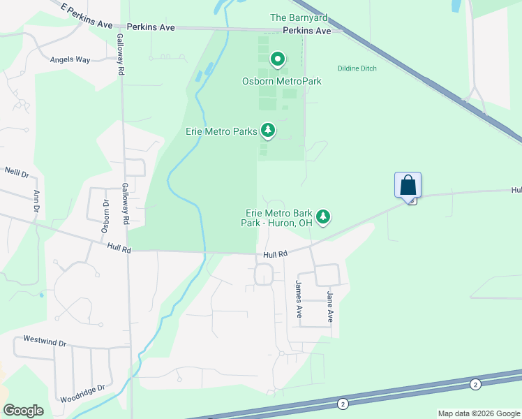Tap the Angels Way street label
click(70, 60)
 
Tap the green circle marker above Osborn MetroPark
click(277, 60)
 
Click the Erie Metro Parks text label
click(222, 131)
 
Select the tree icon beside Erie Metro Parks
click(267, 130)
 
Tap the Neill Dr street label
click(17, 172)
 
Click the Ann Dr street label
click(35, 201)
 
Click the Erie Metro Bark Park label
click(276, 218)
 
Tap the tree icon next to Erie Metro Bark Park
click(322, 217)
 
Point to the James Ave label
click(298, 299)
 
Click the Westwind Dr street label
click(44, 342)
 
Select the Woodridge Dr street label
click(82, 388)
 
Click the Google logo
click(23, 411)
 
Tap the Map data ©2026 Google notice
click(478, 413)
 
